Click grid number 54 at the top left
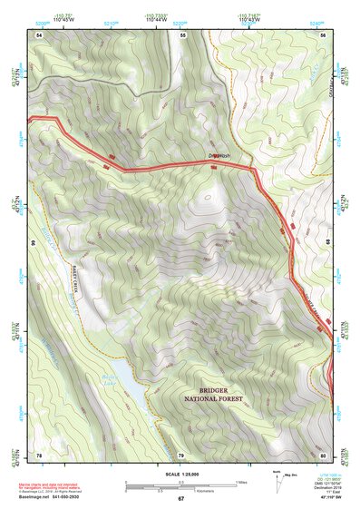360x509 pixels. [39, 34]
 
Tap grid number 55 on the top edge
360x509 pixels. [182, 34]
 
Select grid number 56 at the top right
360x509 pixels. [325, 34]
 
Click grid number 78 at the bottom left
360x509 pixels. [39, 454]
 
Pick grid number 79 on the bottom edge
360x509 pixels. [181, 454]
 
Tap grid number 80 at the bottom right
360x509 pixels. [324, 454]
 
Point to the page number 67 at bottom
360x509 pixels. [180, 499]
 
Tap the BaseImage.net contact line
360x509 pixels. [54, 497]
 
